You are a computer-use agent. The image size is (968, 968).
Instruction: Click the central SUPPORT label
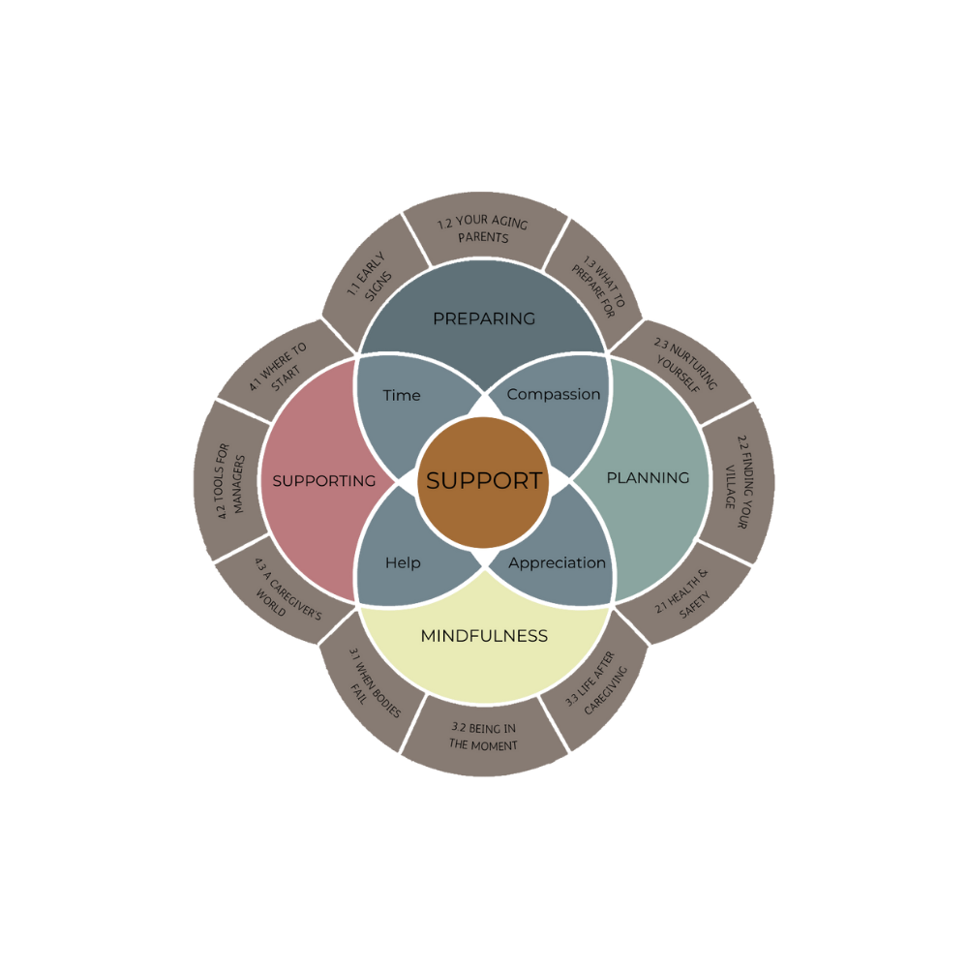pyautogui.click(x=483, y=480)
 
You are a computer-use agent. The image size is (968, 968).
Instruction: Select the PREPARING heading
pyautogui.click(x=483, y=318)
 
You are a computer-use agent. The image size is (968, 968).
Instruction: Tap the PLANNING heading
pyautogui.click(x=648, y=477)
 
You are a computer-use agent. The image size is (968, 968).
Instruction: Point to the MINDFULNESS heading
pyautogui.click(x=484, y=636)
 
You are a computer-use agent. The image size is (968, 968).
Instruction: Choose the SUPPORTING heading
pyautogui.click(x=323, y=480)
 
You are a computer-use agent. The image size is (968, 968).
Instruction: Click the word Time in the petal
pyautogui.click(x=401, y=395)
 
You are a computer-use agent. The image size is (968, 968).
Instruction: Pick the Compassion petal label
pyautogui.click(x=554, y=394)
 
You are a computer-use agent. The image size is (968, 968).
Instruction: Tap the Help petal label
pyautogui.click(x=403, y=562)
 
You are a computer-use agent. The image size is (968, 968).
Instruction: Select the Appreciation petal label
pyautogui.click(x=557, y=562)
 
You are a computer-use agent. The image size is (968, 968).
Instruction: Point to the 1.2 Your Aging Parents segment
pyautogui.click(x=483, y=229)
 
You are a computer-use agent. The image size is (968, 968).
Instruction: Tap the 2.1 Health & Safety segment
pyautogui.click(x=684, y=592)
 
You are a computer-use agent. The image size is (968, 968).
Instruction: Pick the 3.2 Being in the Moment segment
pyautogui.click(x=483, y=736)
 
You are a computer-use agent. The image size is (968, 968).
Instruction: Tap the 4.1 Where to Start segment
pyautogui.click(x=277, y=367)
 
